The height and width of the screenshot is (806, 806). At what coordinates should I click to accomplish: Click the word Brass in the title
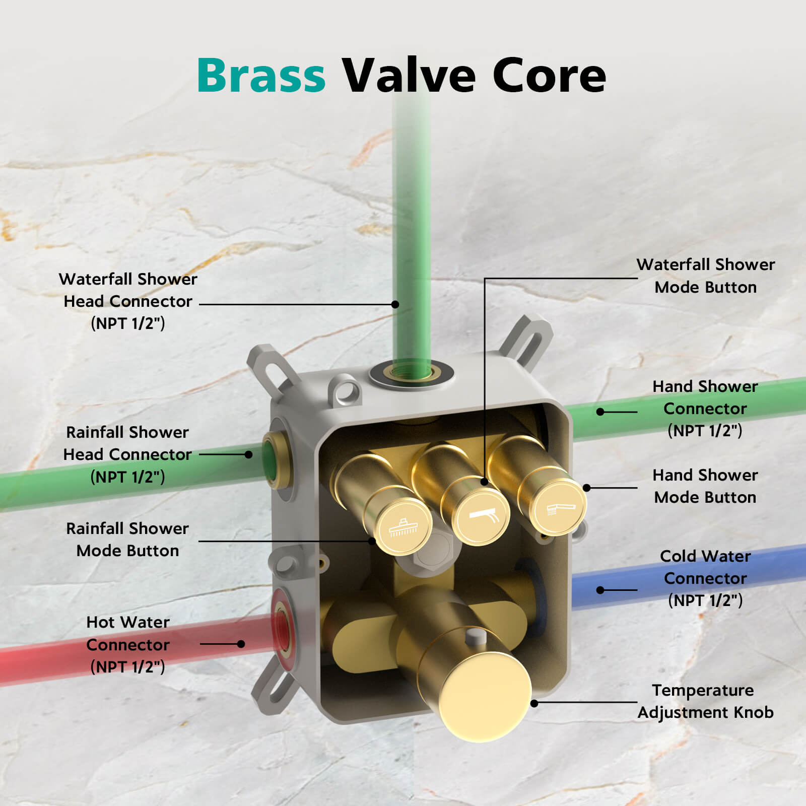tap(261, 76)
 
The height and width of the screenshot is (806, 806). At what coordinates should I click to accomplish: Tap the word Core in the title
tap(549, 76)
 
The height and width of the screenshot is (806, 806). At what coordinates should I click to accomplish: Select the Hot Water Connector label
tap(128, 644)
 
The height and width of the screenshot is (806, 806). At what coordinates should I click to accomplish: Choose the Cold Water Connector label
tap(705, 578)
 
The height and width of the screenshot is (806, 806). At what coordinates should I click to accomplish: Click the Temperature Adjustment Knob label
tap(705, 701)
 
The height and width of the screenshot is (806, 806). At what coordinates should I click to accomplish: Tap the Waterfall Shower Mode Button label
tap(705, 276)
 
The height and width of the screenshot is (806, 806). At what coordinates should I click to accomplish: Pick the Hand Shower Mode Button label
tap(705, 486)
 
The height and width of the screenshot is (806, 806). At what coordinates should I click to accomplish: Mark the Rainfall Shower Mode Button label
tap(128, 540)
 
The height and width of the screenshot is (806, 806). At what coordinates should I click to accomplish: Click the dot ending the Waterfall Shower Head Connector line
tap(395, 304)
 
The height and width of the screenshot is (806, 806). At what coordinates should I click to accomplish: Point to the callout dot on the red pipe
tap(241, 644)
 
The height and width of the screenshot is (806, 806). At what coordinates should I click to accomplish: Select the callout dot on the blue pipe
tap(600, 590)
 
